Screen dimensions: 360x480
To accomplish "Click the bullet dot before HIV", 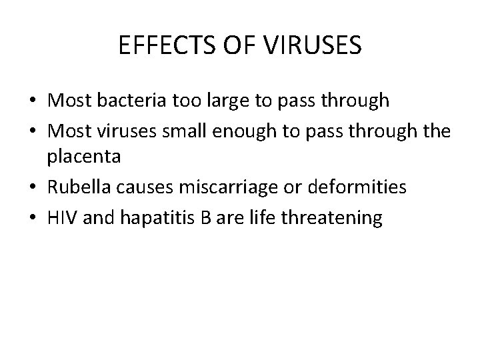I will pos(33,219).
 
